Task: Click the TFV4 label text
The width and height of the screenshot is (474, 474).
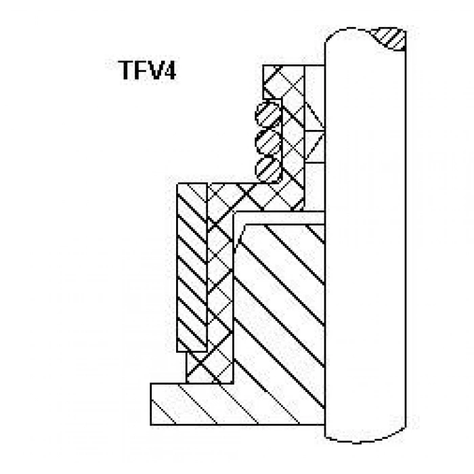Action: click(x=147, y=70)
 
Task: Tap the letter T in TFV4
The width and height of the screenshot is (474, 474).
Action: click(x=125, y=70)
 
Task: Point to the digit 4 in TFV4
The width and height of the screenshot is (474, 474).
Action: click(x=169, y=70)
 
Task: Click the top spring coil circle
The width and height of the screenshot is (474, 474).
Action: click(x=268, y=114)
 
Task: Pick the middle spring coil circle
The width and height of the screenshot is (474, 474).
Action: click(x=268, y=142)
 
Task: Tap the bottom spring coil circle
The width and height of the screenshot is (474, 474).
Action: click(x=268, y=169)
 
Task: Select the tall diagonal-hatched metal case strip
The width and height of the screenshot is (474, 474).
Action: click(x=192, y=267)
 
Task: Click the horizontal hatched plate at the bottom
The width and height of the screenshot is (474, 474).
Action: click(x=237, y=404)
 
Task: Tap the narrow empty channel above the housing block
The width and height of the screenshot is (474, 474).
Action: click(x=280, y=218)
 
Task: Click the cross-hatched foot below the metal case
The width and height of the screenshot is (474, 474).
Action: click(x=209, y=368)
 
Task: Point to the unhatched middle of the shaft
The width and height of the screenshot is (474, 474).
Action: click(x=365, y=236)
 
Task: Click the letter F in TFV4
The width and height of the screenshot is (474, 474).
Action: click(x=139, y=70)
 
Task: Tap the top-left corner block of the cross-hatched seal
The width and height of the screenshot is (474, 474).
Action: click(x=273, y=81)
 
